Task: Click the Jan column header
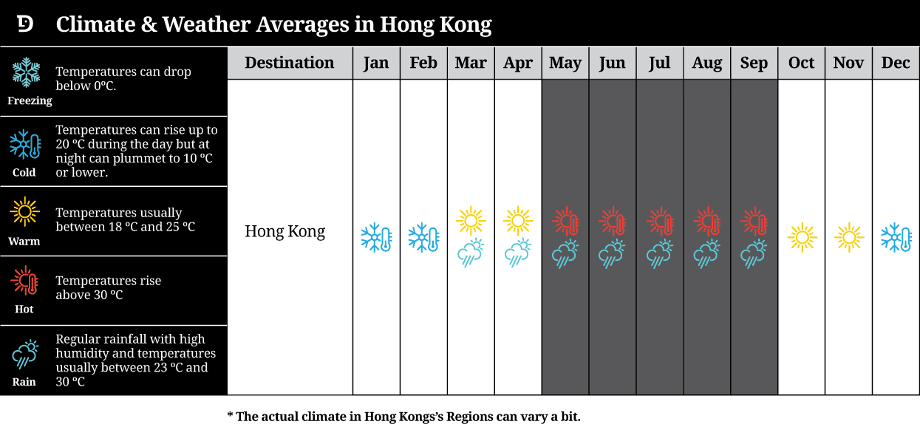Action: point(376,63)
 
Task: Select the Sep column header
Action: point(754,63)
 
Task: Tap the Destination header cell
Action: point(290,63)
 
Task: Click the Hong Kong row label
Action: point(285,232)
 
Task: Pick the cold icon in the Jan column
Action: point(376,238)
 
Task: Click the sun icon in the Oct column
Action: point(802,238)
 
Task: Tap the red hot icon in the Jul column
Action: point(660,221)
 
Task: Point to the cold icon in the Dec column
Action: point(896,238)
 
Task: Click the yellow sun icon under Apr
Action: point(518,221)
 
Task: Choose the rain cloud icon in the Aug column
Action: point(707,254)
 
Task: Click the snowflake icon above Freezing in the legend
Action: point(27,72)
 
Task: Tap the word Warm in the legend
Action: point(24,242)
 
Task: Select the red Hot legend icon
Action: point(24,281)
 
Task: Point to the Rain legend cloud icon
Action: point(24,355)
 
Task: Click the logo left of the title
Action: point(25,24)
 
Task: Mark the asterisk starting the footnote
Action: point(231,416)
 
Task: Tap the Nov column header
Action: point(848,63)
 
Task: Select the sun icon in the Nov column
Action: point(849,238)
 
